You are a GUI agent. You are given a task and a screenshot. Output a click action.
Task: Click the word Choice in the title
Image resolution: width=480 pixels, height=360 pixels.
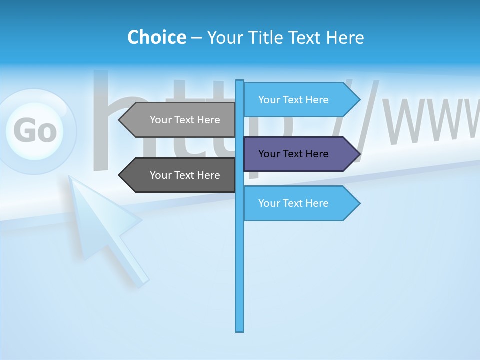tap(156, 37)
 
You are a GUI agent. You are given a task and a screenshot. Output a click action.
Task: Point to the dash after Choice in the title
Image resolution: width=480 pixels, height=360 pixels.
tap(196, 38)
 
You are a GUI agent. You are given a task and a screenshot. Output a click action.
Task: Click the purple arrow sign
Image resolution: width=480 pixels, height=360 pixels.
tap(300, 154)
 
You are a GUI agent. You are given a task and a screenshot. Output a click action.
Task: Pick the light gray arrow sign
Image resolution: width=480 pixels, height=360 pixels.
tap(180, 120)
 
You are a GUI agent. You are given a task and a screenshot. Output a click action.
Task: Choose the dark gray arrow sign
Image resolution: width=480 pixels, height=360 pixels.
tap(180, 175)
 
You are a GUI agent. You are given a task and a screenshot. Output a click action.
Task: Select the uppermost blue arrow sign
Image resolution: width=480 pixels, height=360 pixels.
tap(300, 100)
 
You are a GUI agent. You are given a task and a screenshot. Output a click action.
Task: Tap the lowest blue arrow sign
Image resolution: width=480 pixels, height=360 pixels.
tap(300, 203)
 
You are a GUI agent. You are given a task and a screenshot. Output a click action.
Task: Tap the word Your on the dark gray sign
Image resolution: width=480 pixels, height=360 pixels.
tap(160, 175)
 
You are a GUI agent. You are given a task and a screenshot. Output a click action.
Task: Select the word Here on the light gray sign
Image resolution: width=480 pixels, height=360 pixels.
tap(208, 120)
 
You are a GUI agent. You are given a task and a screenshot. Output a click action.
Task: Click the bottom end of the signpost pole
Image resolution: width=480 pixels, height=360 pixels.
tap(240, 330)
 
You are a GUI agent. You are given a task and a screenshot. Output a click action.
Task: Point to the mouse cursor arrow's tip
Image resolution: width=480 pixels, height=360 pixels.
tap(70, 177)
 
